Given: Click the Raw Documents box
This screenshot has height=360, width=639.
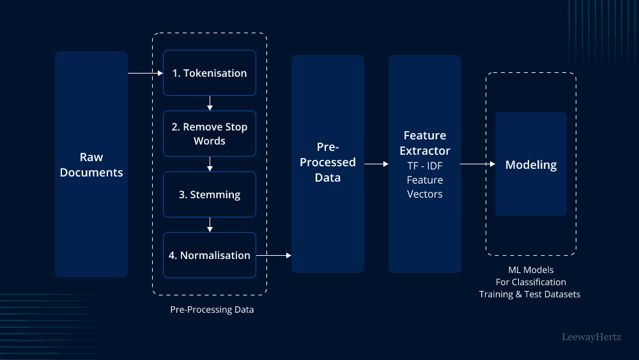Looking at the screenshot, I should click(x=91, y=164).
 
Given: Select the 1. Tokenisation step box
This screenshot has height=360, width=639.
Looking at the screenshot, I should click(x=210, y=73).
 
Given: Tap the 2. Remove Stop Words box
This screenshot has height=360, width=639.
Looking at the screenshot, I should click(x=210, y=134).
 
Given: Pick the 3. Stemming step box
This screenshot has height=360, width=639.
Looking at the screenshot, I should click(x=210, y=194).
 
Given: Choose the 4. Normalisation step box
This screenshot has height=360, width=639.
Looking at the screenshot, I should click(x=210, y=255).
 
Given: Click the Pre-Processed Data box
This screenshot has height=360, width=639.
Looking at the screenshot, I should click(x=328, y=164).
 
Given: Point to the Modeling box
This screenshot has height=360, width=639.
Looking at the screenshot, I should click(x=531, y=164).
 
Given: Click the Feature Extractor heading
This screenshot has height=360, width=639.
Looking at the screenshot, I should click(x=425, y=143).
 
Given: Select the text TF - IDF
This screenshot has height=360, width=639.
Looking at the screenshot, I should click(x=425, y=166).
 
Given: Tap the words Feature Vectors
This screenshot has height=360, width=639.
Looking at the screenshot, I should click(x=425, y=187).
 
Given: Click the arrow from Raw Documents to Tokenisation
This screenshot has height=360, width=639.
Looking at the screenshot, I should click(x=145, y=74).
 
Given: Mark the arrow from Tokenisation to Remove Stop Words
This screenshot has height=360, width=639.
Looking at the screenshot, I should click(x=210, y=103).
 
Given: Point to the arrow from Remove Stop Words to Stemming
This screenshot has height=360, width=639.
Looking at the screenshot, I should click(x=210, y=164).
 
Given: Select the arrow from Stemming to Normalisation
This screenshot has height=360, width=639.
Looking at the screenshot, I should click(x=210, y=224).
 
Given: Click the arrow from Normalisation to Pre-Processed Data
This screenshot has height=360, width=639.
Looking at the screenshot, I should click(x=273, y=255).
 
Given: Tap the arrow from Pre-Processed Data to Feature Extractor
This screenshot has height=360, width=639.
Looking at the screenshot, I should click(x=376, y=164).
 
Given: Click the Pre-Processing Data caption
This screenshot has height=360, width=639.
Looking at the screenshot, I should click(x=212, y=309).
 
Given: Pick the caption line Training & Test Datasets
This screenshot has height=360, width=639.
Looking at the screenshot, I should click(x=530, y=294).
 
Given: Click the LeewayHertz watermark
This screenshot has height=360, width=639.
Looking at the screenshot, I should click(x=591, y=336).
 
